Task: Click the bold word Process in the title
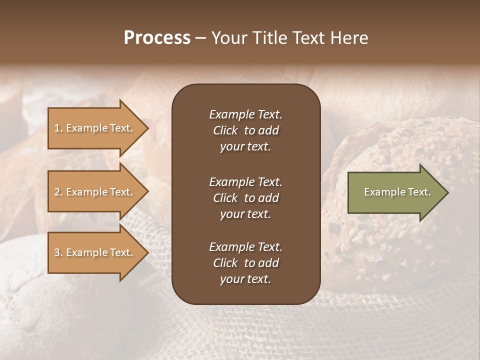point(157,38)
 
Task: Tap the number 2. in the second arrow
point(58,192)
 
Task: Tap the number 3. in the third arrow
point(58,252)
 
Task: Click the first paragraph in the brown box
point(245,130)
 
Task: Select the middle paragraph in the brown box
point(245,198)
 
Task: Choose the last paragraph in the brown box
point(245,263)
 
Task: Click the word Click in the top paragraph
point(225,130)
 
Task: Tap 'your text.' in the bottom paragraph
point(245,279)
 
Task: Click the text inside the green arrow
point(397,192)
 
